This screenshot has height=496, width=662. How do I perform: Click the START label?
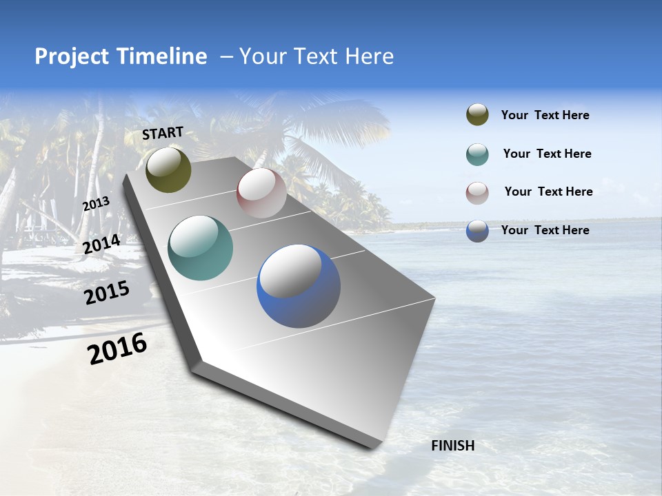pyautogui.click(x=163, y=132)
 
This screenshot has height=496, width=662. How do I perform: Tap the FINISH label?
pyautogui.click(x=452, y=446)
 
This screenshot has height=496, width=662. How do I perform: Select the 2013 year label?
pyautogui.click(x=97, y=204)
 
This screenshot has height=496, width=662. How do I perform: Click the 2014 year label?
pyautogui.click(x=102, y=245)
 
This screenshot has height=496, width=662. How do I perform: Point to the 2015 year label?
pyautogui.click(x=107, y=293)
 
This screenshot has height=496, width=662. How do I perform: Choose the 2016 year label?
pyautogui.click(x=117, y=348)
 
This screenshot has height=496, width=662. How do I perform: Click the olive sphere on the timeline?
pyautogui.click(x=168, y=169)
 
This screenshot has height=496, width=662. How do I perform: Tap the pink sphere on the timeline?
pyautogui.click(x=261, y=193)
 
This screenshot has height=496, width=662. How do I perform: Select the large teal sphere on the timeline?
pyautogui.click(x=201, y=248)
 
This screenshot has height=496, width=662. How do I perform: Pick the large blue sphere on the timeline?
pyautogui.click(x=299, y=286)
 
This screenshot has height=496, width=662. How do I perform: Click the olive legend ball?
pyautogui.click(x=477, y=115)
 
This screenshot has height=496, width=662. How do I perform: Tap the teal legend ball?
pyautogui.click(x=477, y=154)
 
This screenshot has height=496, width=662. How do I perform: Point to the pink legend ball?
pyautogui.click(x=477, y=193)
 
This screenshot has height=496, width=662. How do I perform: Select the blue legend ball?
pyautogui.click(x=477, y=231)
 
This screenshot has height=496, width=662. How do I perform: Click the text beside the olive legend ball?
pyautogui.click(x=545, y=115)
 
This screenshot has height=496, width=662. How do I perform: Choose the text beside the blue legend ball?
pyautogui.click(x=545, y=230)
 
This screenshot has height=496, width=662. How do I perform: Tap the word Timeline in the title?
pyautogui.click(x=163, y=56)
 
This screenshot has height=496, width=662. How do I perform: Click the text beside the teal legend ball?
pyautogui.click(x=547, y=154)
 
